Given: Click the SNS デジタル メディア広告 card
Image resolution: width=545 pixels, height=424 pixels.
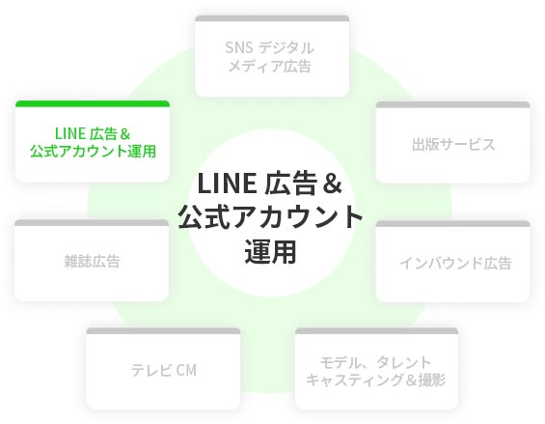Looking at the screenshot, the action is point(272,56).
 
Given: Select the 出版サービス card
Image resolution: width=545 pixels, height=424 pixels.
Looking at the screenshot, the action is point(453,142).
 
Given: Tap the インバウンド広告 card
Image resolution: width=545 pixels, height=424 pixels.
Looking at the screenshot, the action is point(453,262).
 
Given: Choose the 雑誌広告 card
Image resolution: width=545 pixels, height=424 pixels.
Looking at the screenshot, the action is point(92,261).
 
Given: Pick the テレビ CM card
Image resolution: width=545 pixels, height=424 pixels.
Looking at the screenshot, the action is point(163,369).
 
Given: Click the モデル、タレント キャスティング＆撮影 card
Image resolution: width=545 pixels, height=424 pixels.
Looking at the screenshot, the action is point(376,369).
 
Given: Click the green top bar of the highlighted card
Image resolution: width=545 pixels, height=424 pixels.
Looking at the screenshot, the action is point(93,103).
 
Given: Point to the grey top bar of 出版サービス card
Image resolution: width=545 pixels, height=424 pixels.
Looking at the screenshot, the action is point(453,104).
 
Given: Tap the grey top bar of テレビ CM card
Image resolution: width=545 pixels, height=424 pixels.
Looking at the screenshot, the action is point(163,331).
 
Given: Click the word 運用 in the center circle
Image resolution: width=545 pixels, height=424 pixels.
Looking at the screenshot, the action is point(271,252).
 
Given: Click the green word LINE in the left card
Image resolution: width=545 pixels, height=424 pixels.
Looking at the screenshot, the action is point(70,133).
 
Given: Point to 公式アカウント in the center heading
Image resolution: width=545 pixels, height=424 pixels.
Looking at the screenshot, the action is point(271,217).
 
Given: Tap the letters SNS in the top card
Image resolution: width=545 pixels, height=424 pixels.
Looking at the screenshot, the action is point(239,47).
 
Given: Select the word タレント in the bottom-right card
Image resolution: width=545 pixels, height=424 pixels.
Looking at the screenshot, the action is point(403,362).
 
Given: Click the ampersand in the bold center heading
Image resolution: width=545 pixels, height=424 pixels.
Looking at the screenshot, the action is point(332,184).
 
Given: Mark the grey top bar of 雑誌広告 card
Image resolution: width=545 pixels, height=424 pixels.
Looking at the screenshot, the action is point(92,223).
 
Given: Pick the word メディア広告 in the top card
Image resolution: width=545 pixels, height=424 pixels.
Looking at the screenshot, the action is point(269,66).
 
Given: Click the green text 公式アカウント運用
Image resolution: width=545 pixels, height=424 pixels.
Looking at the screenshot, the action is point(93,151).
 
